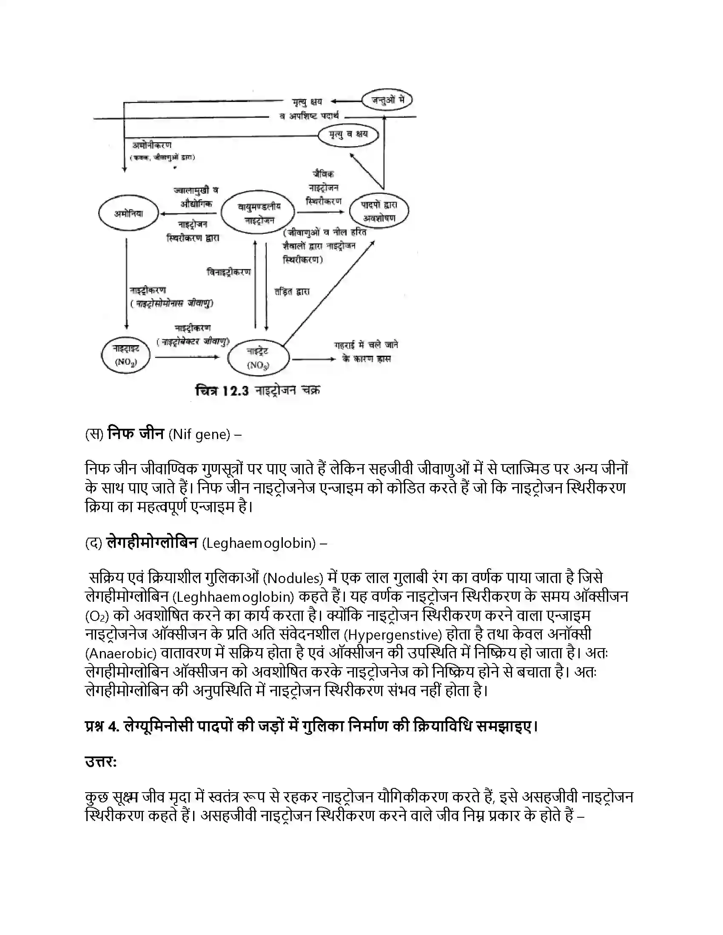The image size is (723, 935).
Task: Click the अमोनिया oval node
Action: pos(128,214)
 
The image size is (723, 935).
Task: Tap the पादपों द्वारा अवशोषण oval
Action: pos(379,211)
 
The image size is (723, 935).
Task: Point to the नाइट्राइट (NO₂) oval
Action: pos(125,355)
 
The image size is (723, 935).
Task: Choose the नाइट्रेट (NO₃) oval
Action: pos(258,358)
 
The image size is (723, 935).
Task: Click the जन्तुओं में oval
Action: pos(387,101)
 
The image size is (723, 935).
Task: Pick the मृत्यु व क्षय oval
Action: pos(348,134)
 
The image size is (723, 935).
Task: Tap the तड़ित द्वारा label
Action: pos(292,292)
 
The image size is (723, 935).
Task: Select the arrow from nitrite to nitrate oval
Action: pos(187,357)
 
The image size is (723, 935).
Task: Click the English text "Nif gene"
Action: pos(199,434)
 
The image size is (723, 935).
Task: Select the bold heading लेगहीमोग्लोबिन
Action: pos(152,543)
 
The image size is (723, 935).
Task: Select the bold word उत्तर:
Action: pos(101,762)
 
